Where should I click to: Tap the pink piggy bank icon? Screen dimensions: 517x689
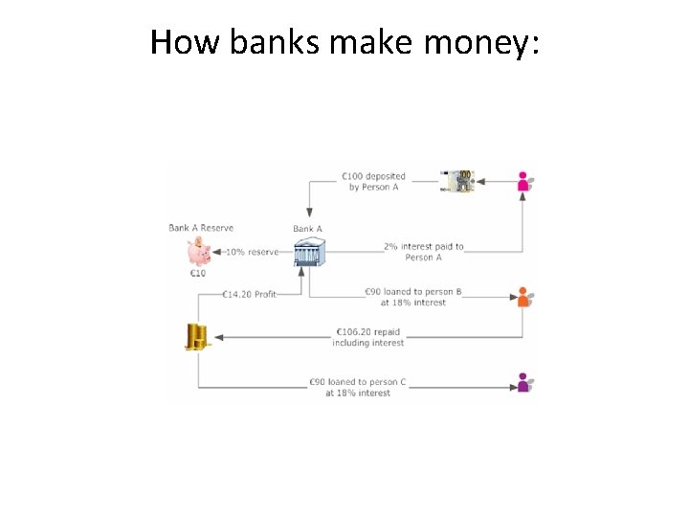click(x=200, y=252)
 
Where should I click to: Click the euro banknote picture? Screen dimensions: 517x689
click(x=457, y=180)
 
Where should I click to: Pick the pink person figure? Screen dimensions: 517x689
click(x=523, y=181)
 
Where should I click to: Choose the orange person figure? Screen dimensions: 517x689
click(x=523, y=296)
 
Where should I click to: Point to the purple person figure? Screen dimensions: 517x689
click(x=523, y=382)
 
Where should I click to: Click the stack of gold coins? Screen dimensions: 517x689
click(x=196, y=336)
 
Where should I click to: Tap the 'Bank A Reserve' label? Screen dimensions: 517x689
click(x=201, y=228)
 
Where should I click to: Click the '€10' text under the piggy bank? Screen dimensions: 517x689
click(x=197, y=274)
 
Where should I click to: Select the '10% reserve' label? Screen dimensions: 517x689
click(x=253, y=253)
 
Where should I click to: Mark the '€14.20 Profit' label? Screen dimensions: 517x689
click(x=249, y=295)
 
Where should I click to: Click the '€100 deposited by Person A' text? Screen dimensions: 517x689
click(x=373, y=181)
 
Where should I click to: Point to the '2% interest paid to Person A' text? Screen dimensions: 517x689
click(x=423, y=252)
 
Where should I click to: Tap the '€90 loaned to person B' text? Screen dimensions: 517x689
click(x=413, y=297)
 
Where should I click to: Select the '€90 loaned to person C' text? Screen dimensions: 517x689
click(x=358, y=387)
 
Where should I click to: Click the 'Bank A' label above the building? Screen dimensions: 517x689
click(x=307, y=229)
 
